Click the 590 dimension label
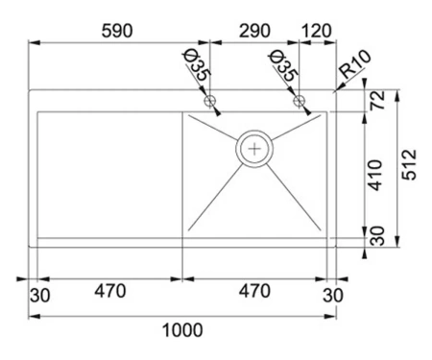pyautogui.click(x=117, y=31)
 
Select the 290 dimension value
pyautogui.click(x=254, y=31)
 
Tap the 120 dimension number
pyautogui.click(x=317, y=31)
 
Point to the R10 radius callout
pyautogui.click(x=356, y=64)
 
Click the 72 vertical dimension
pyautogui.click(x=377, y=100)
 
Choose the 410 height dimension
pyautogui.click(x=375, y=176)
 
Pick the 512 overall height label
pyautogui.click(x=410, y=164)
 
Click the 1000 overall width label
pyautogui.click(x=182, y=330)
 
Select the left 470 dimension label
pyautogui.click(x=110, y=291)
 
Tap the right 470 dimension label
pyautogui.click(x=254, y=291)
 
